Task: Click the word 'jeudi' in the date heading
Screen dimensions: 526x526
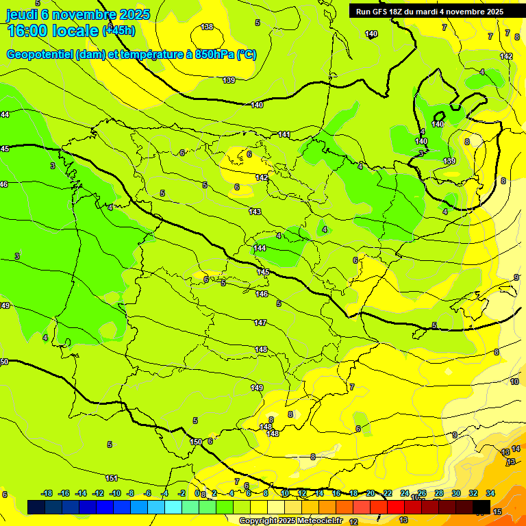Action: [x=22, y=14]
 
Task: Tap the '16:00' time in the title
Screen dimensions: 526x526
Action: [x=30, y=31]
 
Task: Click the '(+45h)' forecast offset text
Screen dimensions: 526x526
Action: [x=119, y=31]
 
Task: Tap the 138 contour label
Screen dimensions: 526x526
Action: [x=207, y=27]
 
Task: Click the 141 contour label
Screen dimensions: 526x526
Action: [x=285, y=134]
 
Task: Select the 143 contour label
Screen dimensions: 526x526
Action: [x=255, y=212]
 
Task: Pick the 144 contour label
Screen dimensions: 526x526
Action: [x=260, y=248]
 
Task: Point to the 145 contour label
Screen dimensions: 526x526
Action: [x=263, y=272]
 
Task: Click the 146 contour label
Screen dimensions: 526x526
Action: [x=262, y=294]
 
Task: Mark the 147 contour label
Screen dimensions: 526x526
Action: [x=260, y=323]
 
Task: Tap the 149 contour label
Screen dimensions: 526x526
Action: [x=257, y=388]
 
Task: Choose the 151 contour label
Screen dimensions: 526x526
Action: [x=112, y=478]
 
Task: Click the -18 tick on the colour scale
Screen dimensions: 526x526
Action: [x=47, y=493]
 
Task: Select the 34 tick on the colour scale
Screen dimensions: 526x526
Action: [x=490, y=493]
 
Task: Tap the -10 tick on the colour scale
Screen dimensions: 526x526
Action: [x=115, y=493]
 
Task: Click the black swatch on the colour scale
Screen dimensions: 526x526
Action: [x=481, y=508]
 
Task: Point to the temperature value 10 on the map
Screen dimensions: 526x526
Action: [x=514, y=381]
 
